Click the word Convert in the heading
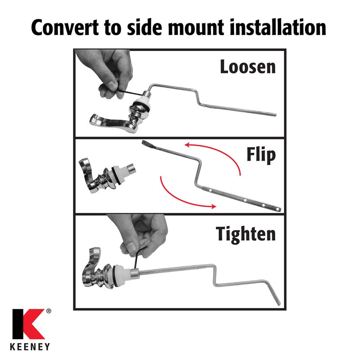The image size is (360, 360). click(x=65, y=27)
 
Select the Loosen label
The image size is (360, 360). click(x=248, y=67)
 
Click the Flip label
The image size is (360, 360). click(x=261, y=155)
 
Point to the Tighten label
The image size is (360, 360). click(x=246, y=234)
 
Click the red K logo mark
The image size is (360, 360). click(x=28, y=324)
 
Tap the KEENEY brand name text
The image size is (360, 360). click(x=30, y=346)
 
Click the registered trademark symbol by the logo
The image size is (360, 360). click(x=49, y=311)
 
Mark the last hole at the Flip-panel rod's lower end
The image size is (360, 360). click(x=278, y=209)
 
